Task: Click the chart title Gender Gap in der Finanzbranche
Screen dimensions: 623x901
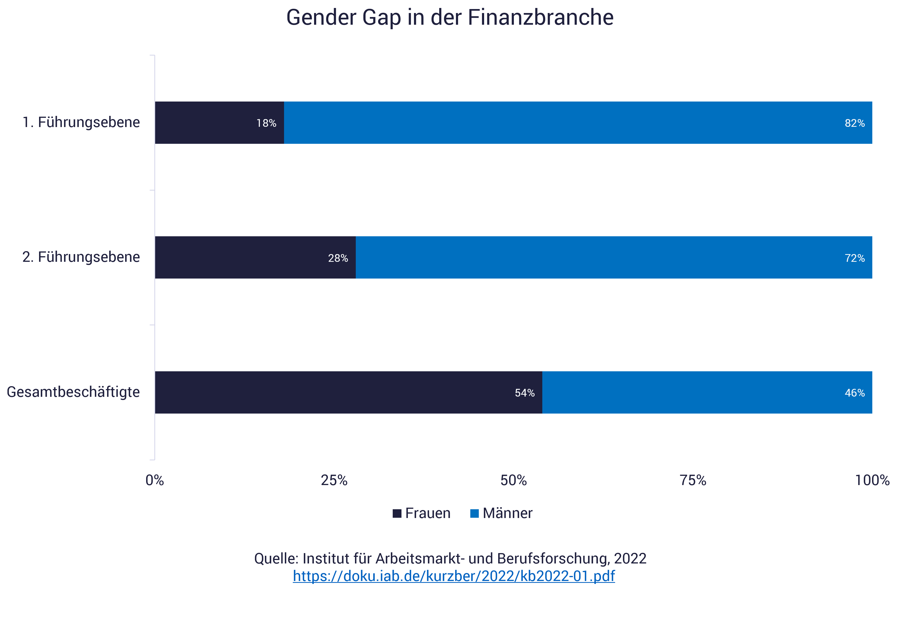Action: click(450, 18)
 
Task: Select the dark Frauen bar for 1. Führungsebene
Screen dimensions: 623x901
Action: click(203, 123)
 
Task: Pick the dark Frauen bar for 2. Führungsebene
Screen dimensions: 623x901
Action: click(238, 257)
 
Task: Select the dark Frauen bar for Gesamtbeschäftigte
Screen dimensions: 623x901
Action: click(332, 392)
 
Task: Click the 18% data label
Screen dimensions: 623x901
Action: click(266, 123)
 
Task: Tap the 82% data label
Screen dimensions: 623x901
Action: click(855, 123)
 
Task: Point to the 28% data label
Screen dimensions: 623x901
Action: click(338, 258)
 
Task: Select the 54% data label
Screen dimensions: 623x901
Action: click(524, 393)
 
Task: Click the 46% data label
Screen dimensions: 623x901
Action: click(855, 393)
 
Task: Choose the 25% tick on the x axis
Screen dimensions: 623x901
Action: click(334, 480)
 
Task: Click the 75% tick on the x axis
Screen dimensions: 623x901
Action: click(693, 480)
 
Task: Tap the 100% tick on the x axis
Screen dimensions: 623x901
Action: click(872, 480)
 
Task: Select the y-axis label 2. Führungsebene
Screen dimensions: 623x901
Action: click(81, 257)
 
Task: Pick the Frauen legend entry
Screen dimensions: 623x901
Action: click(422, 513)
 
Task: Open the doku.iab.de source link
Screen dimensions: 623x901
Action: click(454, 576)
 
